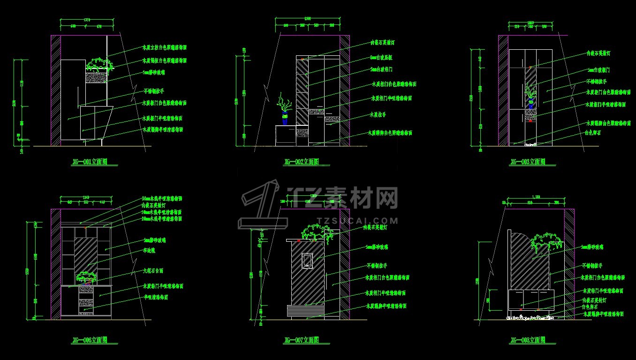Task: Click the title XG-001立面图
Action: pyautogui.click(x=90, y=162)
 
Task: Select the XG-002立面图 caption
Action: pyautogui.click(x=302, y=162)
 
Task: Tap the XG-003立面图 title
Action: pyautogui.click(x=528, y=162)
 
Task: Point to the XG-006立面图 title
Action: pyautogui.click(x=90, y=340)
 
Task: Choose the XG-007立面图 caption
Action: pyautogui.click(x=302, y=340)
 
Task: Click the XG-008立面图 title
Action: pyautogui.click(x=528, y=340)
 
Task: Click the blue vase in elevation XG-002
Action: pyautogui.click(x=285, y=118)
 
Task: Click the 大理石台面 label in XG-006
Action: pyautogui.click(x=153, y=271)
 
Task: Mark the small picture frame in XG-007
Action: pyautogui.click(x=307, y=260)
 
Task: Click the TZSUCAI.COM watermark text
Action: pyautogui.click(x=358, y=220)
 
